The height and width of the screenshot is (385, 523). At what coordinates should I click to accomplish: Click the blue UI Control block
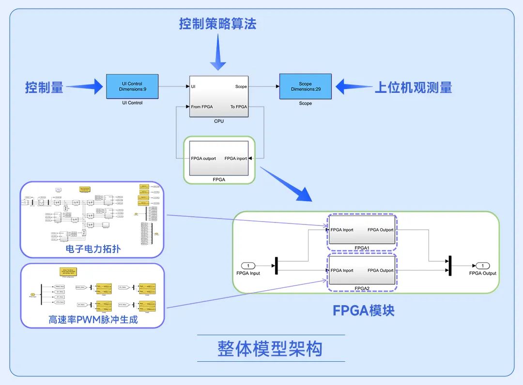pyautogui.click(x=132, y=87)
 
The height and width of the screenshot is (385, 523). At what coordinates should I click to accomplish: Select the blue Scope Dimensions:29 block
pyautogui.click(x=305, y=87)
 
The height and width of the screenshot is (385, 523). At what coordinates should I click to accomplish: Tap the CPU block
pyautogui.click(x=219, y=96)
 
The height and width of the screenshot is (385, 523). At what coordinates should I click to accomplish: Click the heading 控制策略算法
pyautogui.click(x=217, y=24)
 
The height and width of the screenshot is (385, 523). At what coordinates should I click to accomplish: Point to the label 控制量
pyautogui.click(x=44, y=88)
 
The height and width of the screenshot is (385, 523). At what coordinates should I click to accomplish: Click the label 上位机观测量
pyautogui.click(x=413, y=88)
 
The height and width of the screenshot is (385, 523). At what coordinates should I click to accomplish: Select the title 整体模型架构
pyautogui.click(x=270, y=348)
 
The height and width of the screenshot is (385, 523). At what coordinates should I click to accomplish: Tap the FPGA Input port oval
pyautogui.click(x=248, y=266)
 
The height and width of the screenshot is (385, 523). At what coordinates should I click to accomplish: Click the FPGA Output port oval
pyautogui.click(x=482, y=266)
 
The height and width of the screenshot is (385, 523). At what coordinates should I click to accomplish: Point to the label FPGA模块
pyautogui.click(x=363, y=310)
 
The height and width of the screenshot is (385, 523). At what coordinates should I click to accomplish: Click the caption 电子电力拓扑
pyautogui.click(x=93, y=249)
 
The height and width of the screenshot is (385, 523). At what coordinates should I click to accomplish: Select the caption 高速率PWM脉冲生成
pyautogui.click(x=93, y=320)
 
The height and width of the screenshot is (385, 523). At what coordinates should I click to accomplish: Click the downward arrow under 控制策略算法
pyautogui.click(x=217, y=53)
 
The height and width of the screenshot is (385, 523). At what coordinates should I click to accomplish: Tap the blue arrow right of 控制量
pyautogui.click(x=87, y=87)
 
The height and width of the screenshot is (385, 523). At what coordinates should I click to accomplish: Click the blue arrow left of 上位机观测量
pyautogui.click(x=352, y=87)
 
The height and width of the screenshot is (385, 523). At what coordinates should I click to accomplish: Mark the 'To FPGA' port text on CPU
pyautogui.click(x=238, y=107)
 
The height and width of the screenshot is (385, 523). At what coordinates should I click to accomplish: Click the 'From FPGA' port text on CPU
pyautogui.click(x=202, y=107)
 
